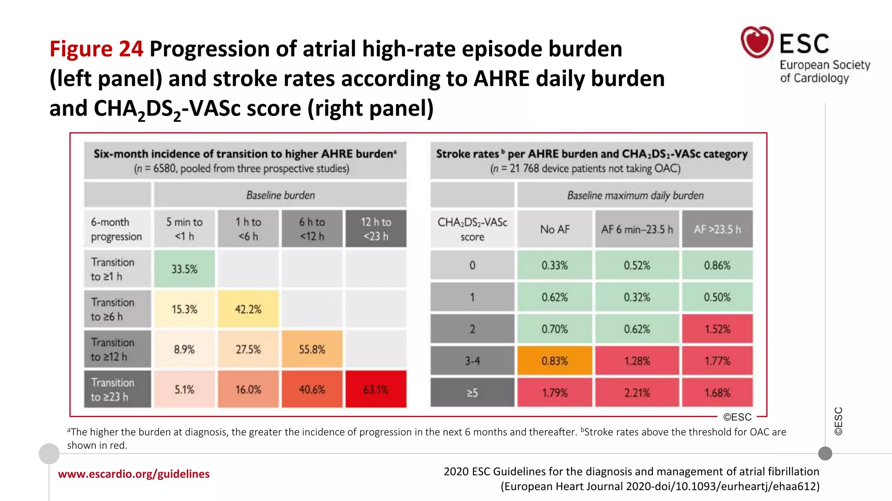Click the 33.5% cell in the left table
pos(184,269)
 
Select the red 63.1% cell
pos(376,389)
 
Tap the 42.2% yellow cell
pos(248,309)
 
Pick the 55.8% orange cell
pos(312,349)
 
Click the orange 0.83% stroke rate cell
pos(554,361)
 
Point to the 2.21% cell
pos(637,393)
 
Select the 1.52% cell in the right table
pos(717,329)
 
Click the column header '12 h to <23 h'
pos(376,229)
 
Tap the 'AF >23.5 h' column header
pos(717,229)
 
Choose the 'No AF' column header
pos(554,229)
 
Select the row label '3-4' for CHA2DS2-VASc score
pos(472,361)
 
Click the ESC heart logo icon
pos(757,42)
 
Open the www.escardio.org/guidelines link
pos(134,474)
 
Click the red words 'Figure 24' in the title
pos(96,49)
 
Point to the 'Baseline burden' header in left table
pos(280,195)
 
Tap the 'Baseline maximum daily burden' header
pos(635,195)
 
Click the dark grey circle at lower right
pos(825,454)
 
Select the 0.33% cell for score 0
pos(554,265)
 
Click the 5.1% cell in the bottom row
pos(184,389)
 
